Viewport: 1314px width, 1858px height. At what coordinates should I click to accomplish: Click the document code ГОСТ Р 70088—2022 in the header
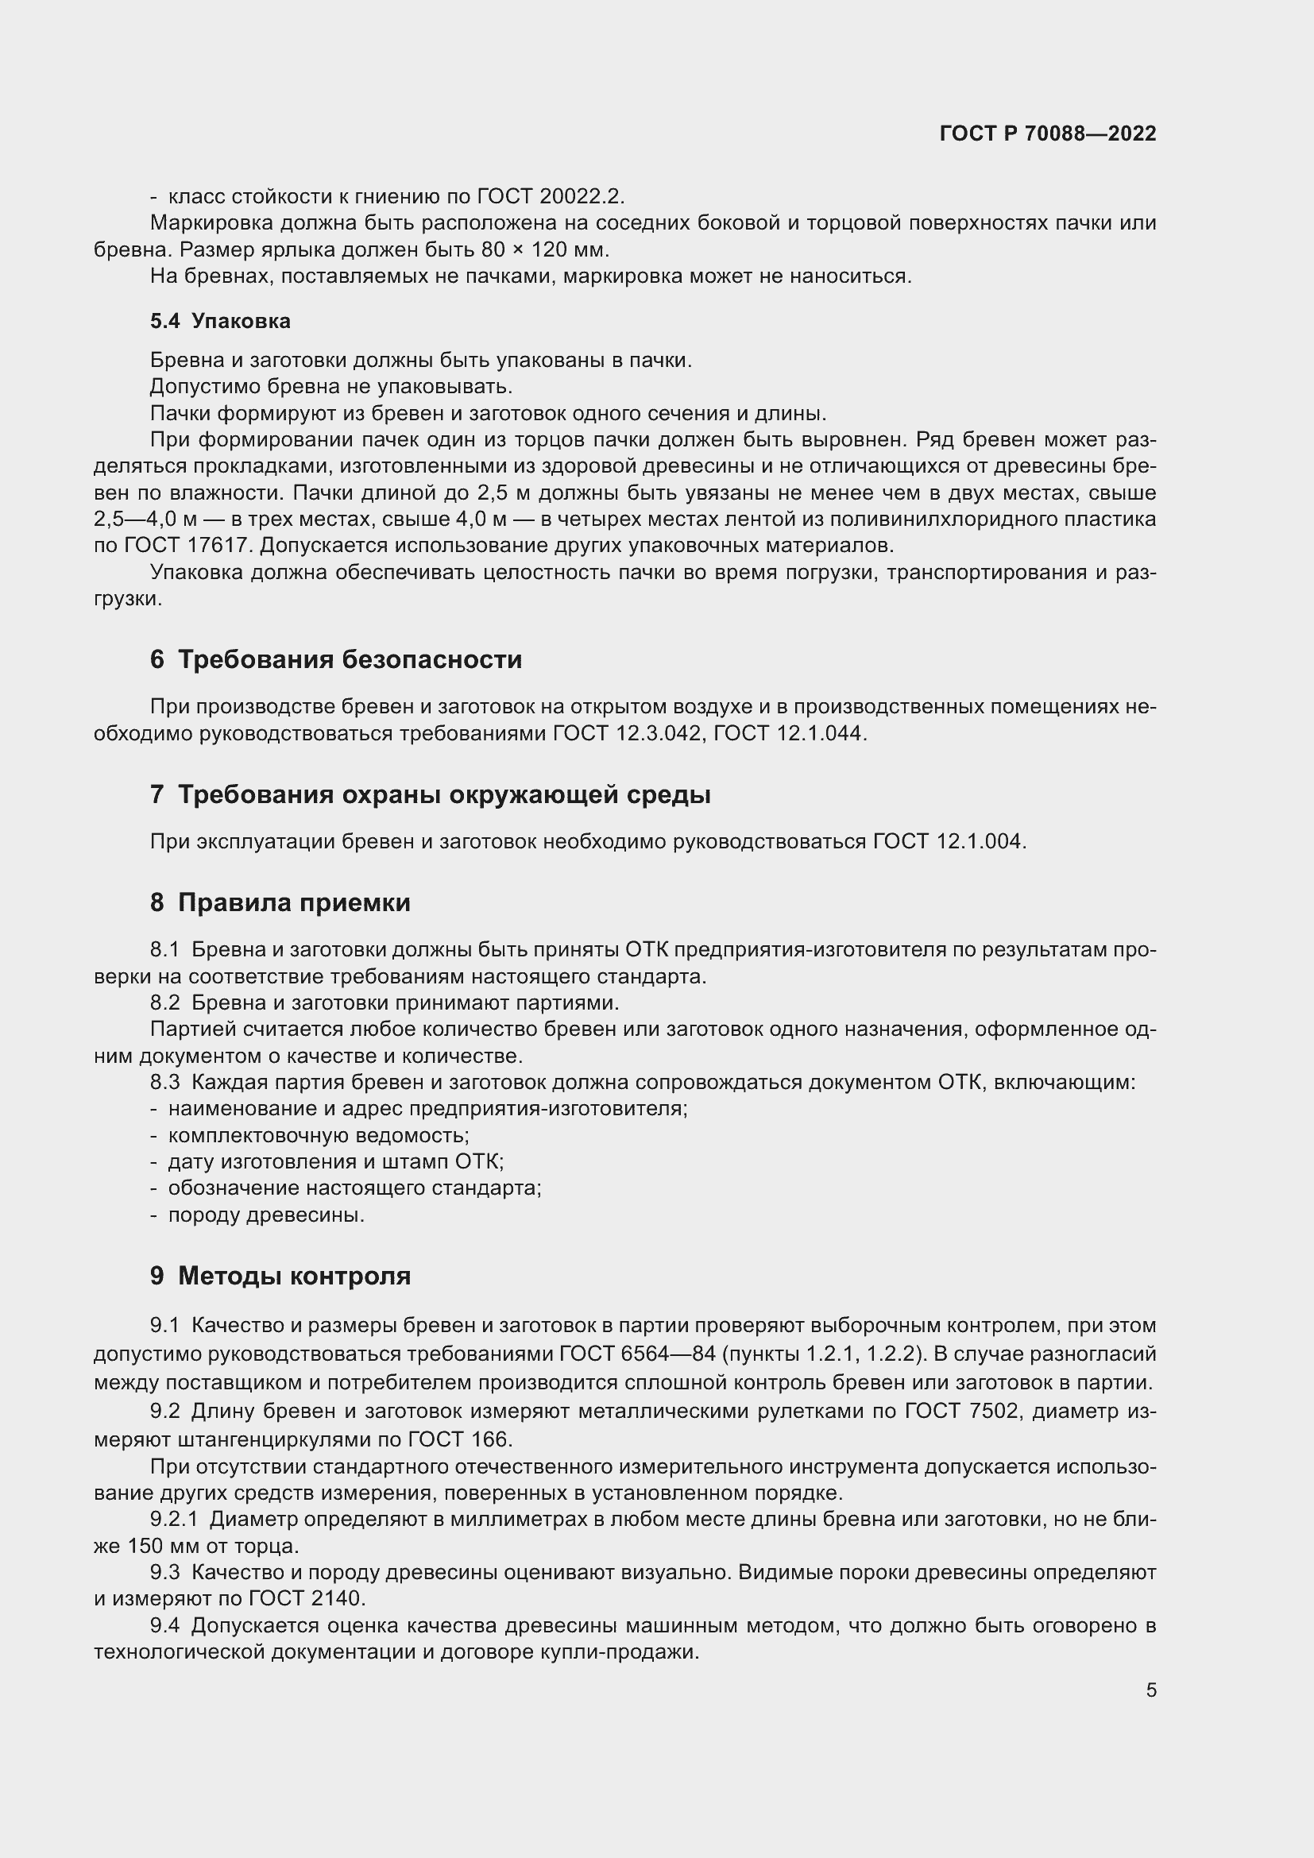tap(1048, 133)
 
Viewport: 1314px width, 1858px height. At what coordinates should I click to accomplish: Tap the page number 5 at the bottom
tap(1150, 1690)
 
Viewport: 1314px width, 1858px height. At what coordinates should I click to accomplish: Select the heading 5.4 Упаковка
tap(220, 321)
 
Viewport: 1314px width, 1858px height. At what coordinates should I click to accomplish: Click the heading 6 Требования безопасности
tap(336, 659)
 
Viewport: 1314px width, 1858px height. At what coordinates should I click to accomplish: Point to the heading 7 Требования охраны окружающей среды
tap(431, 794)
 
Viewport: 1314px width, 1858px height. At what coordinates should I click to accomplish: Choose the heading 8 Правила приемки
tap(280, 902)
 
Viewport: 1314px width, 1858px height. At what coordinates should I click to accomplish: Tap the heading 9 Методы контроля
tap(280, 1277)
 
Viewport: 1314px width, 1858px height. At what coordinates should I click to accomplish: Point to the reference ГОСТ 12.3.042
tap(627, 734)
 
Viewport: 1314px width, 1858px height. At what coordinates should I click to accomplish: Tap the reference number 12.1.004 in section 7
tap(980, 841)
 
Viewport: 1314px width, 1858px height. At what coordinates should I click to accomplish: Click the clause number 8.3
tap(165, 1083)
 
